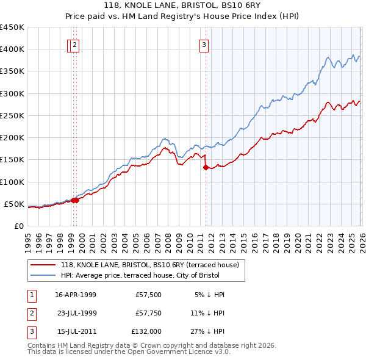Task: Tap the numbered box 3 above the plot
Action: point(203,44)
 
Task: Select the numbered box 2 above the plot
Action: point(74,44)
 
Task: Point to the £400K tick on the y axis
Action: point(12,49)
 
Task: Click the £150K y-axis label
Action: point(12,160)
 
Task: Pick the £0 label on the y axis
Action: point(18,226)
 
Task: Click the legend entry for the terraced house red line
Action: point(153,265)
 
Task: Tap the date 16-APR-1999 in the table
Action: point(76,294)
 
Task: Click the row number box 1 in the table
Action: point(30,294)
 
